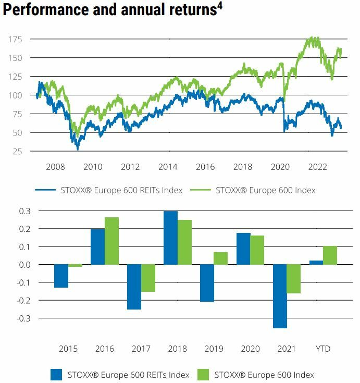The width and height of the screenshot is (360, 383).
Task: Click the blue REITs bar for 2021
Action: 279,296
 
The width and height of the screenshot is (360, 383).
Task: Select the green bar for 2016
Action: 112,241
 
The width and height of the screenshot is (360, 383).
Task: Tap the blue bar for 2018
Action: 170,238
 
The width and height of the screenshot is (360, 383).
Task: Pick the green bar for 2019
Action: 221,258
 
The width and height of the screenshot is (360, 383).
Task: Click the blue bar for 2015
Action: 61,276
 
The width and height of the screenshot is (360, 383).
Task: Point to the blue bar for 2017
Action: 134,287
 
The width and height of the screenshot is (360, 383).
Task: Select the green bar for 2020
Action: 257,250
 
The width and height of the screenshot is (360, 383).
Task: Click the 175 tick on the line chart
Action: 15,39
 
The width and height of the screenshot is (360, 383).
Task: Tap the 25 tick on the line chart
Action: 17,151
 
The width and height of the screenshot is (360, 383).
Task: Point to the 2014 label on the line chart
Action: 168,167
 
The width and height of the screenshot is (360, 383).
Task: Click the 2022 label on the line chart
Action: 318,167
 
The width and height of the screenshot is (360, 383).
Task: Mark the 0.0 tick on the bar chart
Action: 24,265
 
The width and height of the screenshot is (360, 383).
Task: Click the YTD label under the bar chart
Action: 323,348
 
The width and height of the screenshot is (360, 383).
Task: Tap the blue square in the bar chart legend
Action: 56,374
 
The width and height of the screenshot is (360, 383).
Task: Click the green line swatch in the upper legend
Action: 202,190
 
